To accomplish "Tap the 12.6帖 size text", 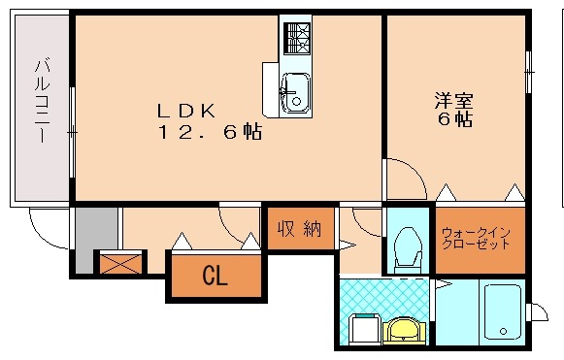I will (210, 132).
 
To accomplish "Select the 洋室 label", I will (453, 100).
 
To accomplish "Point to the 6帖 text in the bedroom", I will (453, 120).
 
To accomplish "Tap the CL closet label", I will (215, 276).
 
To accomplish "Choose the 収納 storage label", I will (298, 229).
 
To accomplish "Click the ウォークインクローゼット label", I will (477, 239).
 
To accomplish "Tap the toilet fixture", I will (407, 246).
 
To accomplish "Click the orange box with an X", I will (119, 262).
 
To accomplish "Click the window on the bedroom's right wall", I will (528, 70).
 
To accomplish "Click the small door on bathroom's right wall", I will (535, 311).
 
